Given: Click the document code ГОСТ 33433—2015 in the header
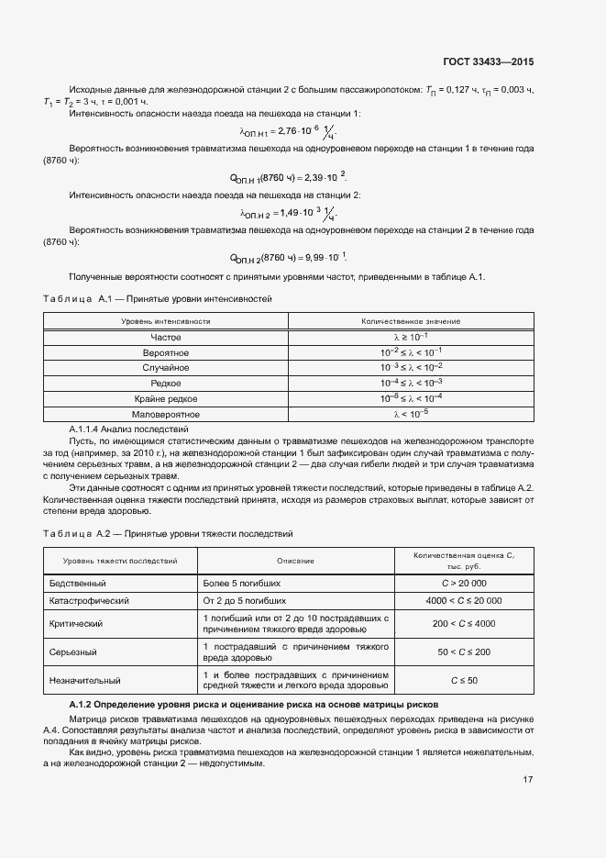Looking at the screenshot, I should [x=489, y=62].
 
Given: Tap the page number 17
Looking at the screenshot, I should [x=528, y=779].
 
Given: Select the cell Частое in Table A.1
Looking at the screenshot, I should [x=166, y=337].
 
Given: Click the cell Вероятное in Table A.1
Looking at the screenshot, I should [x=166, y=352].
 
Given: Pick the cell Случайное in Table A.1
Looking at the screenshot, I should [x=166, y=367].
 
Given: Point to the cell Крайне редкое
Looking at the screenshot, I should [x=166, y=398].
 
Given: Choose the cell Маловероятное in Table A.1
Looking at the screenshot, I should [x=166, y=414].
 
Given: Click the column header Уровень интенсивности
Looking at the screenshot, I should [x=166, y=321].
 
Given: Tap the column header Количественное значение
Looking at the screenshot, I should [x=411, y=321].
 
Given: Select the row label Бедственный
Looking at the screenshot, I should [x=78, y=583].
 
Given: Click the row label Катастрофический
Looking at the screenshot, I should [x=89, y=600].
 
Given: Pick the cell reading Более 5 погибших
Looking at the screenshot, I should [x=242, y=583].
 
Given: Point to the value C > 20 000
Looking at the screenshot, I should [x=464, y=583].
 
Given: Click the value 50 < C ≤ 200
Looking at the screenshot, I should [x=464, y=652].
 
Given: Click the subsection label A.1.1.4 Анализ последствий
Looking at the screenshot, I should [x=128, y=429].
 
